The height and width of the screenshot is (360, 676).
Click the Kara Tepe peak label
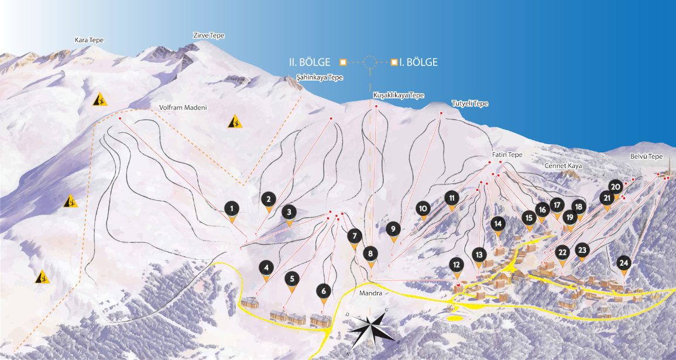tap(89, 40)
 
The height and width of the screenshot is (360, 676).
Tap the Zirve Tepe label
tap(209, 36)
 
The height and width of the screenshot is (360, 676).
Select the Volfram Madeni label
tap(183, 108)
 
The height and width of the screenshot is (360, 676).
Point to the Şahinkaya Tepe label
tap(320, 77)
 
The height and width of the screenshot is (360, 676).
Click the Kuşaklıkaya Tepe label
tap(399, 95)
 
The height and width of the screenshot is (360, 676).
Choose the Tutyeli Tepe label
tap(469, 104)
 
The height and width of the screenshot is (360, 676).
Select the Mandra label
tap(372, 293)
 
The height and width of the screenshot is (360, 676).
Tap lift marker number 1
tap(232, 208)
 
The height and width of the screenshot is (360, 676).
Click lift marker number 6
tap(322, 291)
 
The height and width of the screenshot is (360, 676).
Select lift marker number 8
tap(370, 254)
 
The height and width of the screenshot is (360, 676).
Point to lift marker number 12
tap(457, 265)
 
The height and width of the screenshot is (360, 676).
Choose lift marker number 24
tap(624, 263)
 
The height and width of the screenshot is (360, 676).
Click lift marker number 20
tap(615, 187)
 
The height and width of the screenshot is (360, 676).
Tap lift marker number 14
tap(498, 224)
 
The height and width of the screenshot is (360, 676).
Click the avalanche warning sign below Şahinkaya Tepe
tap(236, 122)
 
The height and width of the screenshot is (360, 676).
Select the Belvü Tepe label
tap(646, 157)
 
